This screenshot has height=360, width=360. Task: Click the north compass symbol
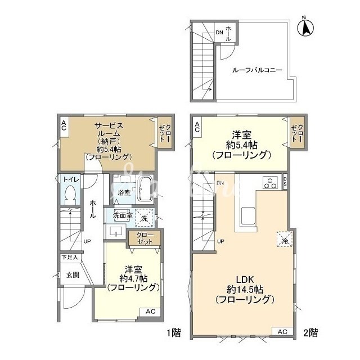305,27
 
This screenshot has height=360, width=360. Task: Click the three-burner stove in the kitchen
270,182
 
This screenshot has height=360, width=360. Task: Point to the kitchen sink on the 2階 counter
247,216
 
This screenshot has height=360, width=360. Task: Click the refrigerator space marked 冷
284,239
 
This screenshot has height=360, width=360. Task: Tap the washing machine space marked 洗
144,218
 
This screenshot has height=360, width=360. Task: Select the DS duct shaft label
285,181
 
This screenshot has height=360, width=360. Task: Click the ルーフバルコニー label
257,70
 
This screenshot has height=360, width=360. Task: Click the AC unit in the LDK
282,332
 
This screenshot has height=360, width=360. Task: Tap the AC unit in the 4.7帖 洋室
150,312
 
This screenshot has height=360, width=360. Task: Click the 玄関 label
73,275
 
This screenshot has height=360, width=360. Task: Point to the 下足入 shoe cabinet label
70,258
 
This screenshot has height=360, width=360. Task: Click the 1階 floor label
174,332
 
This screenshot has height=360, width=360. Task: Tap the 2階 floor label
310,332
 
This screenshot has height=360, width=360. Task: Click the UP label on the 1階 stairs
87,241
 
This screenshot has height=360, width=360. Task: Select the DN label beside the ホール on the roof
219,33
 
